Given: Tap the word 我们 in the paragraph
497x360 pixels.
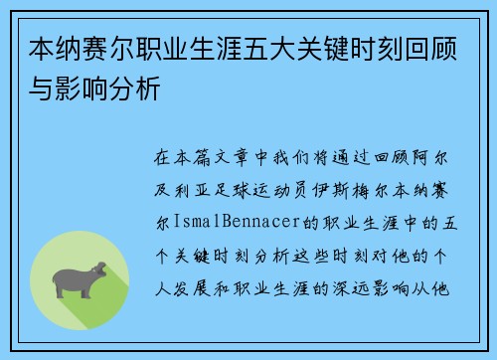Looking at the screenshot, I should [296, 157].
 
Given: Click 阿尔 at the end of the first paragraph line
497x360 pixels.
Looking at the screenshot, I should [439, 157].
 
